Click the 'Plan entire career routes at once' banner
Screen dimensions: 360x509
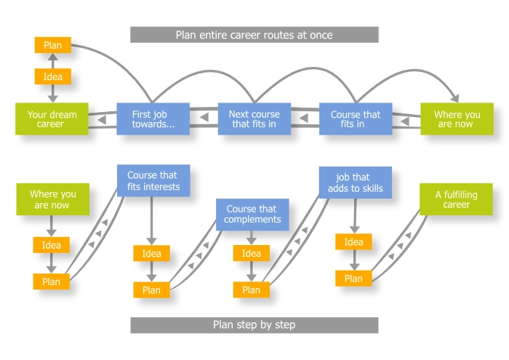(x=254, y=35)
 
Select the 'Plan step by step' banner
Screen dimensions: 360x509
(x=254, y=324)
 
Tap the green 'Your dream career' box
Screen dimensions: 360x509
(x=52, y=119)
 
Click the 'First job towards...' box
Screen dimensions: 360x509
(x=153, y=119)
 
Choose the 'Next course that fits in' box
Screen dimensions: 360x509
(x=254, y=119)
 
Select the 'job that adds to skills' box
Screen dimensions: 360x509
(x=355, y=183)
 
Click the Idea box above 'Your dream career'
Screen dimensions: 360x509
(x=52, y=76)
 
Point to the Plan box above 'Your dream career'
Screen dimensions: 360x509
(x=52, y=44)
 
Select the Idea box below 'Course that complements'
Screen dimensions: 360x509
(x=252, y=253)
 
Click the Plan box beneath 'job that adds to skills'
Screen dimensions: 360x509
(x=353, y=278)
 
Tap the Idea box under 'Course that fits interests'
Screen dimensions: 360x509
(x=151, y=253)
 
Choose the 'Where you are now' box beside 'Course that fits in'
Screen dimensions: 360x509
(x=457, y=119)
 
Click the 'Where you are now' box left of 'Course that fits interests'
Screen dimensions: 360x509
(x=52, y=199)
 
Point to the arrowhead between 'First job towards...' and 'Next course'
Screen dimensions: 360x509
(x=204, y=118)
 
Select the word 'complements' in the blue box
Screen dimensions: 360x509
(x=252, y=220)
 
